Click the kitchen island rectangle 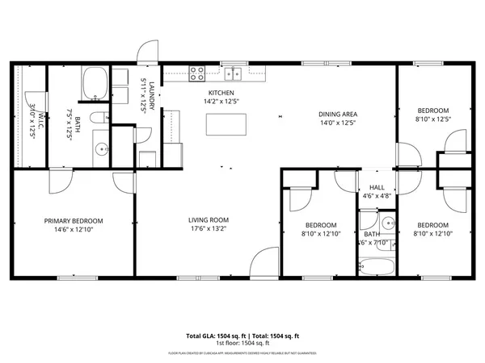[226, 124]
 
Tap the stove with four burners [197, 73]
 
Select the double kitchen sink [234, 73]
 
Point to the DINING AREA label [338, 115]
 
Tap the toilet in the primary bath [97, 119]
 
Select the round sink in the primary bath [102, 148]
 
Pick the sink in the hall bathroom [387, 223]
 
